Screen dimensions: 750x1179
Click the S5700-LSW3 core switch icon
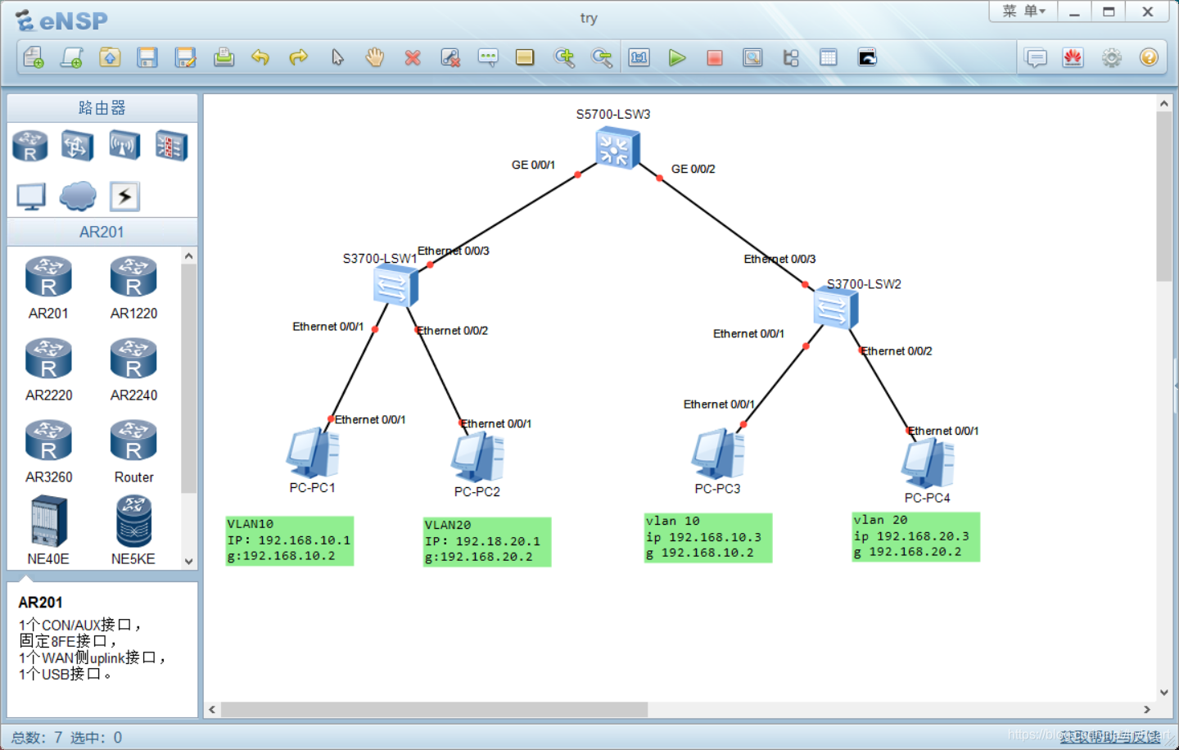click(617, 148)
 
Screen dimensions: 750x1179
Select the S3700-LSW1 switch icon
click(395, 286)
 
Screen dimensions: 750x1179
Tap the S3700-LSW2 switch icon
click(835, 309)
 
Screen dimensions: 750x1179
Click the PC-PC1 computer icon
click(313, 453)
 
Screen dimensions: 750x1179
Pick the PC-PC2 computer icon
click(477, 457)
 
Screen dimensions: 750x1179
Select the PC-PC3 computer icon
click(718, 454)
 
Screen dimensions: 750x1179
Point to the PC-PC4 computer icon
click(928, 463)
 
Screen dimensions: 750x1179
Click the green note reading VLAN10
click(290, 540)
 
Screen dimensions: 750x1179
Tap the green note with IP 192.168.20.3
click(915, 537)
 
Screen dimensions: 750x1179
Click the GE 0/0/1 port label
click(533, 165)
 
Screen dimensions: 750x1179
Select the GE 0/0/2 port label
click(693, 169)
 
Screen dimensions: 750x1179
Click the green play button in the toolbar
click(677, 58)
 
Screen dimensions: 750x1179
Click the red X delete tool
click(413, 58)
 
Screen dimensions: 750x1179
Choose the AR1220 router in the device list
click(133, 278)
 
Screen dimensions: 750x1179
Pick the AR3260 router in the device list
click(48, 442)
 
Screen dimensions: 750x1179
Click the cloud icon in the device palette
click(78, 196)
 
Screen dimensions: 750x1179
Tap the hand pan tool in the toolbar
click(375, 57)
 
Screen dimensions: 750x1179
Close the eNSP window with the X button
click(1148, 11)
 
